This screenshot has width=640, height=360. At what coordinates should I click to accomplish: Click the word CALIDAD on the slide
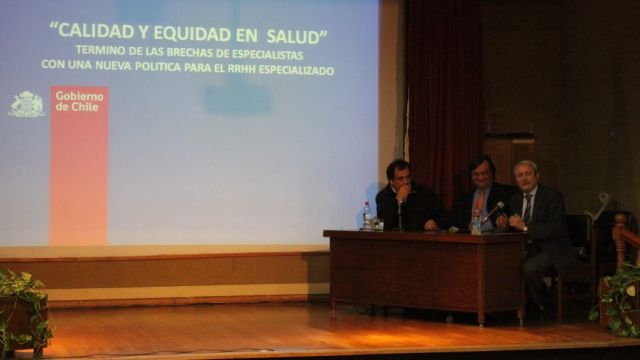(96, 31)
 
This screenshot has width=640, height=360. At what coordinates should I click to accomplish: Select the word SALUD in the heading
(293, 37)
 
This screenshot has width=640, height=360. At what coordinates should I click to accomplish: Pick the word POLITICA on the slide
(158, 66)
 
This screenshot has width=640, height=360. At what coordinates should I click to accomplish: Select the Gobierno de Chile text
(79, 101)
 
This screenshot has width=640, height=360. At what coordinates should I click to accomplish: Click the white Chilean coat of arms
(27, 104)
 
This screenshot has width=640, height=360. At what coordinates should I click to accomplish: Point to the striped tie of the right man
(528, 209)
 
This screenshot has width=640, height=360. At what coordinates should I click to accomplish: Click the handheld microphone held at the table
(493, 211)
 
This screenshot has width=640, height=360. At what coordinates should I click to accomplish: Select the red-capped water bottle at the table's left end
(367, 216)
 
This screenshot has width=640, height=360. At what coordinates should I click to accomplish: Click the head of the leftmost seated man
(398, 176)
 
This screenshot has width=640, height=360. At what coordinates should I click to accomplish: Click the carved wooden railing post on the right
(620, 241)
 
